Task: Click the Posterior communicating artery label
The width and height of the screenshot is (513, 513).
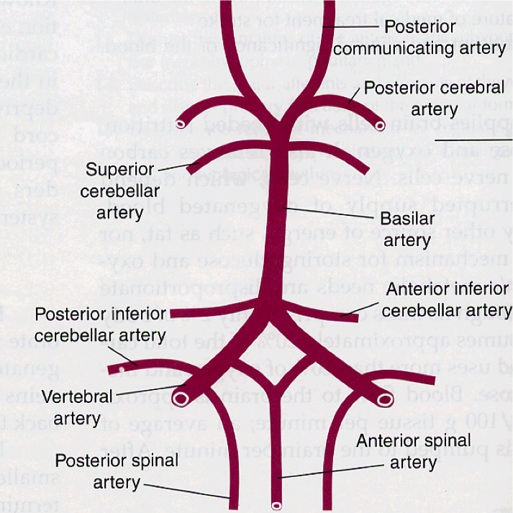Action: pos(419,37)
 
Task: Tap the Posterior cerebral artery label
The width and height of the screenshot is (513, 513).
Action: pos(434,99)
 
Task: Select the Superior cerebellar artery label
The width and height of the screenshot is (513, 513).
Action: pos(120,191)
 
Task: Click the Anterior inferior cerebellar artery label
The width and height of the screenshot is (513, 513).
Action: pos(447,300)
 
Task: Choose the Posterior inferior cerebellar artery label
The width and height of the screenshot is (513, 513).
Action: pos(100,325)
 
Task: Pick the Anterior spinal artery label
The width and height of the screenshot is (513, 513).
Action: pos(414,450)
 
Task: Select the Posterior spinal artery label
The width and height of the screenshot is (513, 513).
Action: pos(117,470)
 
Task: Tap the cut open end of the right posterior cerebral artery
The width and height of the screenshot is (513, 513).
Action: pos(380,126)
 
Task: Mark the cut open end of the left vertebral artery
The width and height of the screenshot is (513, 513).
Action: pos(181,397)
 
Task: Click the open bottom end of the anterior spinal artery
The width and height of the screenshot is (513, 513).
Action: pos(276,506)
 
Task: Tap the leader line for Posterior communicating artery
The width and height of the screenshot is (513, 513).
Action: pos(353,27)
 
